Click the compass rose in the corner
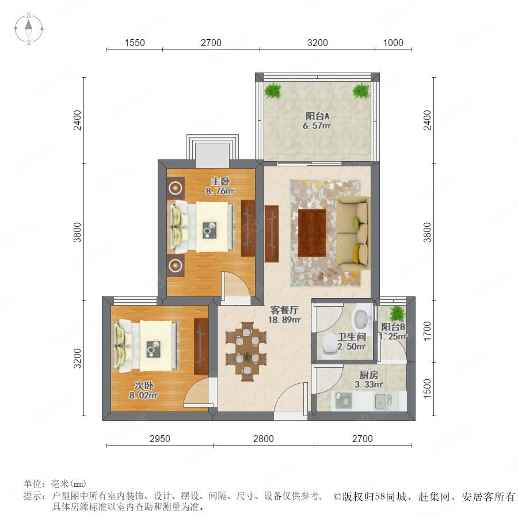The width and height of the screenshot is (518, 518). pyautogui.click(x=29, y=28)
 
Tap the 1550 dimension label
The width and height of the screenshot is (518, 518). pyautogui.click(x=135, y=43)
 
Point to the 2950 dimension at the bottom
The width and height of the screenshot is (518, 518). pyautogui.click(x=160, y=439)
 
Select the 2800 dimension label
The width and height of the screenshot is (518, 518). pyautogui.click(x=263, y=439)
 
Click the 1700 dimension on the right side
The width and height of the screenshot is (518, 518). pyautogui.click(x=427, y=331)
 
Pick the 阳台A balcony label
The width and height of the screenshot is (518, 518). pyautogui.click(x=317, y=116)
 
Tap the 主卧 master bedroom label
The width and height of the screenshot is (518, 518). pyautogui.click(x=220, y=181)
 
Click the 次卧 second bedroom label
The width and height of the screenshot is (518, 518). pyautogui.click(x=144, y=386)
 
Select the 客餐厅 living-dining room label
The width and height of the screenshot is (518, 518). pyautogui.click(x=284, y=310)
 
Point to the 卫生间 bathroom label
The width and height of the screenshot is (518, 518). pyautogui.click(x=352, y=337)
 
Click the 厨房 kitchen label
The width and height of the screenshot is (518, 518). pyautogui.click(x=369, y=375)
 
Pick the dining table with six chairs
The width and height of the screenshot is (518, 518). pyautogui.click(x=246, y=352)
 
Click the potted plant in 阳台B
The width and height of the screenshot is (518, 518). pyautogui.click(x=397, y=314)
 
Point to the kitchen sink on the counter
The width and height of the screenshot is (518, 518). pyautogui.click(x=383, y=401)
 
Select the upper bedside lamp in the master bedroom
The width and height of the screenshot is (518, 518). pyautogui.click(x=176, y=188)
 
